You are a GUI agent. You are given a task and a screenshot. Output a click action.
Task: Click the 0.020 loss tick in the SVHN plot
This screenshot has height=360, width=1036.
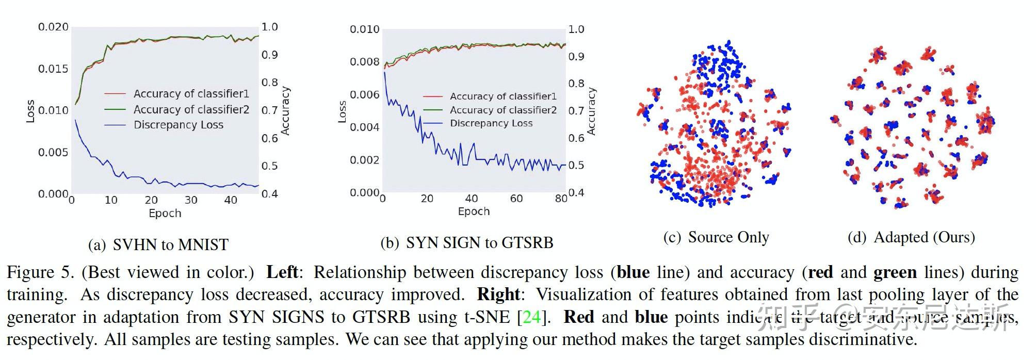coord(53,27)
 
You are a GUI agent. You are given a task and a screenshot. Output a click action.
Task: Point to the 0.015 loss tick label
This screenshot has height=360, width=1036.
coord(53,69)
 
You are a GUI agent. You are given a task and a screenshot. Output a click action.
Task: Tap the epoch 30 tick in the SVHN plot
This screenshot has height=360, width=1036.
coord(191,201)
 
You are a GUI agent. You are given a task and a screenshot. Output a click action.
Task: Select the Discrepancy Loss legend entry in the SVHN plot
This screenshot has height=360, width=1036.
coord(178,125)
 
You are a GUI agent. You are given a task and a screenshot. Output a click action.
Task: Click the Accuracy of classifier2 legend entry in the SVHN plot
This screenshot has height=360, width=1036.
coord(191,109)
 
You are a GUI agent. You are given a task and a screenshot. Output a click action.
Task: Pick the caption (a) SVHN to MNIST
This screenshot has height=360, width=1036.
coord(158,244)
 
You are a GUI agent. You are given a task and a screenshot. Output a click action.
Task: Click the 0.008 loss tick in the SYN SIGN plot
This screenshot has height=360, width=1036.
coord(364,62)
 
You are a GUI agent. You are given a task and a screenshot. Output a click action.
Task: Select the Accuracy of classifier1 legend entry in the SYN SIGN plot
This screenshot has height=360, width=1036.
coord(503,96)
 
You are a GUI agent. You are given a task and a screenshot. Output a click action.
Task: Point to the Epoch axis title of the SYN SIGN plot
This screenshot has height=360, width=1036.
coord(474,211)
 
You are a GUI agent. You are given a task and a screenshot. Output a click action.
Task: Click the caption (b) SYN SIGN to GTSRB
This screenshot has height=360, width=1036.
coord(467,243)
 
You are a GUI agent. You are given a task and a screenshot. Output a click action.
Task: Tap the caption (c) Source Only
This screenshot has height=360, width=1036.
coord(716,237)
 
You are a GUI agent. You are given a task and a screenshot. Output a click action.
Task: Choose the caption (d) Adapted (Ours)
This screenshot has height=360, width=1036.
coord(911,237)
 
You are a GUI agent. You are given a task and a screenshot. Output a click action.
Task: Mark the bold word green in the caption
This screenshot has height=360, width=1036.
coord(895,272)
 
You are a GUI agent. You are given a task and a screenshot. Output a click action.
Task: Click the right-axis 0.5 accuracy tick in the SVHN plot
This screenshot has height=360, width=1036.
coord(269,166)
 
